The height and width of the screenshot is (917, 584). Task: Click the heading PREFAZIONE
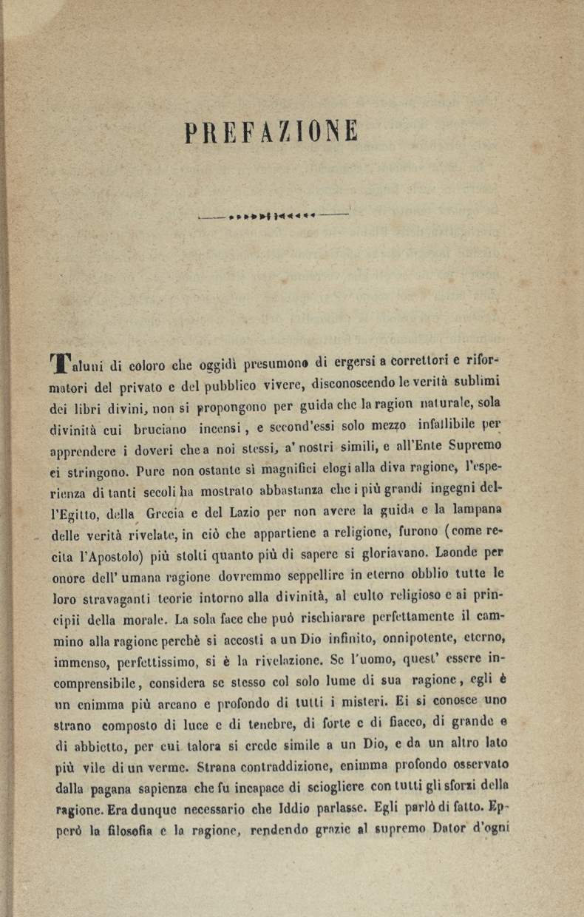pyautogui.click(x=272, y=132)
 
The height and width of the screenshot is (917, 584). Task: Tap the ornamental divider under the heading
pyautogui.click(x=273, y=216)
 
